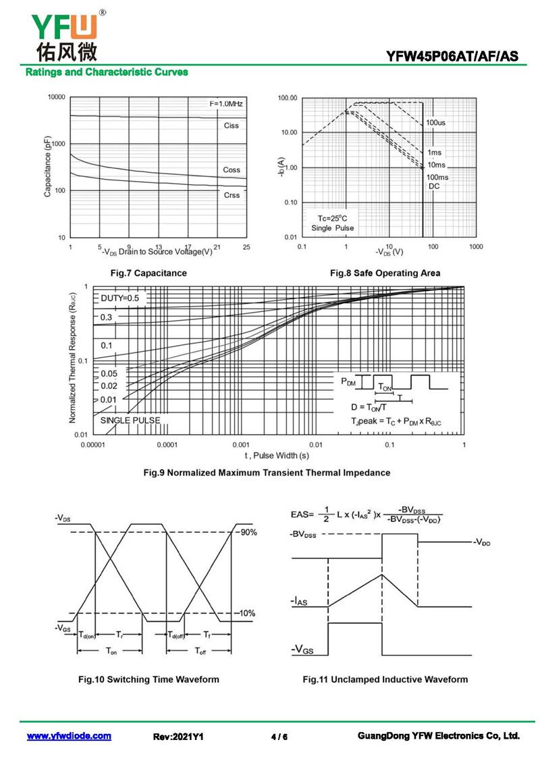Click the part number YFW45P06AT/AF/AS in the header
tap(452, 57)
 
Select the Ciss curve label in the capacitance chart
tap(232, 126)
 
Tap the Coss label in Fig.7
tap(232, 170)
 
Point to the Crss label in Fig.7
tap(232, 195)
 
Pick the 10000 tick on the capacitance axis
tap(56, 97)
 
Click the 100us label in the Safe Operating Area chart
tap(435, 123)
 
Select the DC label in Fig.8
tap(434, 186)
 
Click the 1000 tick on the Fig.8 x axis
tap(476, 247)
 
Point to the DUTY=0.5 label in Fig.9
tap(120, 298)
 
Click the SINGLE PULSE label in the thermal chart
tap(130, 421)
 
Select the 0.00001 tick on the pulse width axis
tap(92, 445)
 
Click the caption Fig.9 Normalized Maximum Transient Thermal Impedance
tap(267, 473)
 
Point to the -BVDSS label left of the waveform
tap(303, 535)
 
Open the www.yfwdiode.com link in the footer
tap(69, 736)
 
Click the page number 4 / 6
tap(279, 737)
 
